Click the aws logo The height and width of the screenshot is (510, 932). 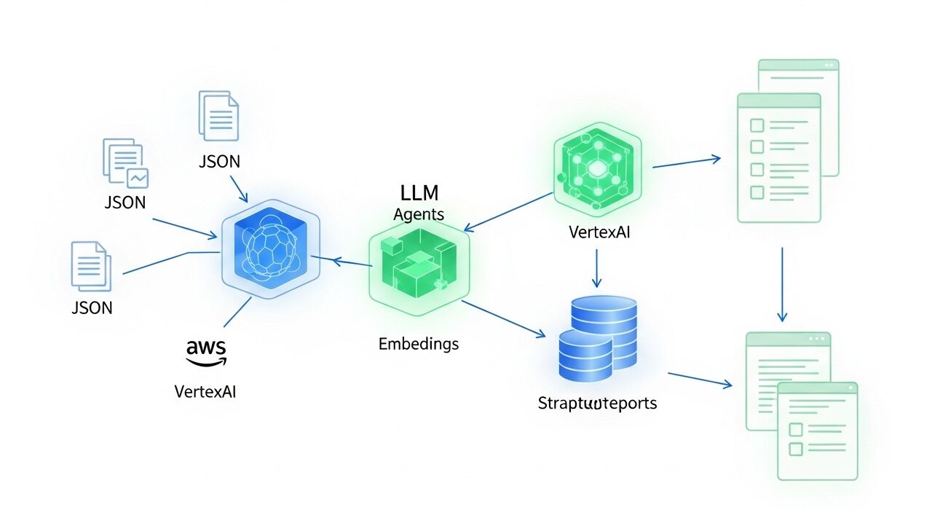206,351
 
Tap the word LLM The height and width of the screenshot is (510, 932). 419,193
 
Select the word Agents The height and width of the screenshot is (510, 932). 419,214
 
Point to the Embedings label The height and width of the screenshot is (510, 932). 419,344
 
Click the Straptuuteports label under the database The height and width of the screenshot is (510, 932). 597,403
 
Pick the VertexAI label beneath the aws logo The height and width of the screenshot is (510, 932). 206,391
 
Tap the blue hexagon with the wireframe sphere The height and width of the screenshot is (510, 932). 269,250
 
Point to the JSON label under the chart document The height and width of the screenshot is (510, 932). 125,203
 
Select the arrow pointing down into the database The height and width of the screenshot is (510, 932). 597,269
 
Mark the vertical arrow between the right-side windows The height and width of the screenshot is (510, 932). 782,284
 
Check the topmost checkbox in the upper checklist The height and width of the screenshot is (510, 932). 757,125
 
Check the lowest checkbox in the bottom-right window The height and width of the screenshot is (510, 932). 796,449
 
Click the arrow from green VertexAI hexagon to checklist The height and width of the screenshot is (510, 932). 686,162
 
